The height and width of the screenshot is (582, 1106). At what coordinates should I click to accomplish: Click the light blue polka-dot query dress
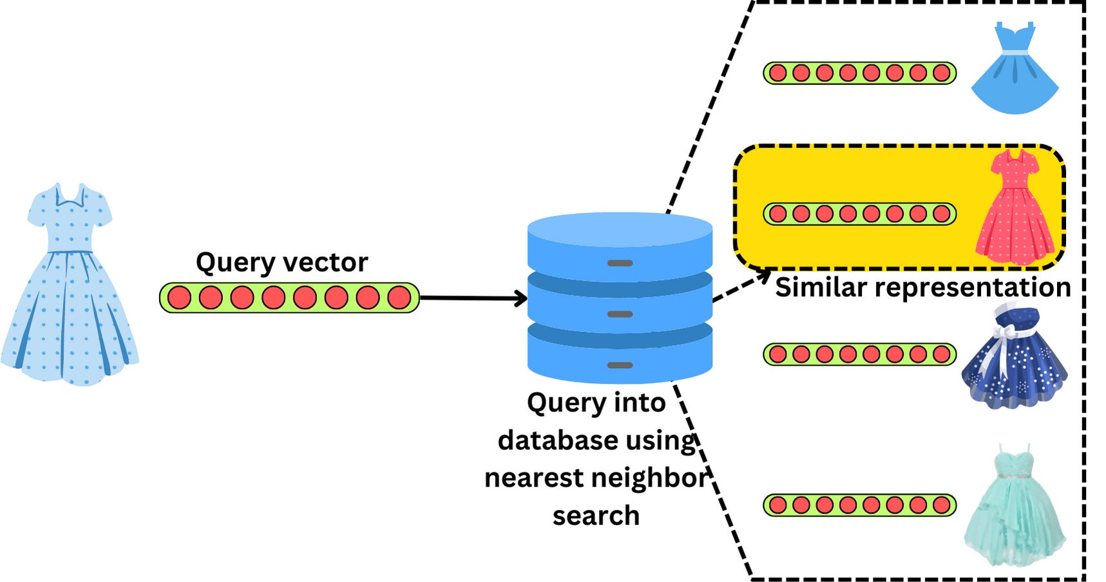pyautogui.click(x=69, y=290)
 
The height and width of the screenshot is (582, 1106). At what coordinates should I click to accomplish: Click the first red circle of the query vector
pyautogui.click(x=180, y=298)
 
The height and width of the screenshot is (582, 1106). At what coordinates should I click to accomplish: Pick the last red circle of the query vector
pyautogui.click(x=399, y=298)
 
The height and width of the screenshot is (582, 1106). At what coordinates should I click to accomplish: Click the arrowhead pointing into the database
pyautogui.click(x=520, y=298)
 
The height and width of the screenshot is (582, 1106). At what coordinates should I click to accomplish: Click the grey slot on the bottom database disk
pyautogui.click(x=620, y=365)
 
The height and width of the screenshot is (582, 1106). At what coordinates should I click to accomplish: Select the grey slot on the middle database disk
pyautogui.click(x=620, y=314)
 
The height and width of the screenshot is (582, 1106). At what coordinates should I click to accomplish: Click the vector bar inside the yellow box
pyautogui.click(x=859, y=214)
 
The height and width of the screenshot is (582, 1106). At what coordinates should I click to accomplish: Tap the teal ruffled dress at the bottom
pyautogui.click(x=1015, y=509)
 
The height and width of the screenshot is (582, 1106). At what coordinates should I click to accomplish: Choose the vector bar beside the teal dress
pyautogui.click(x=859, y=505)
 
